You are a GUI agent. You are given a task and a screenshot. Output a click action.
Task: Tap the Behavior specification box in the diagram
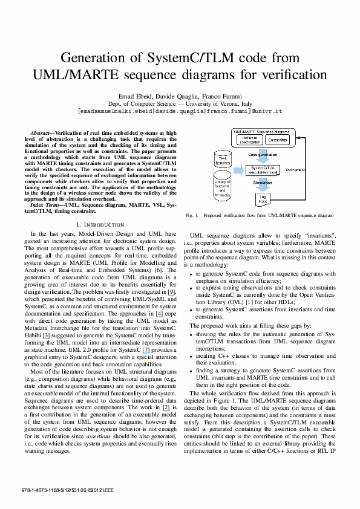[248, 140]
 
